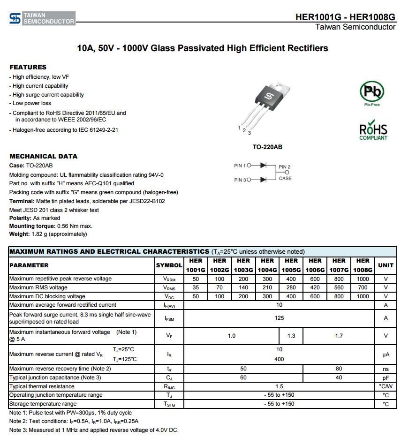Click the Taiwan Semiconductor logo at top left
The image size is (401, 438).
point(42,19)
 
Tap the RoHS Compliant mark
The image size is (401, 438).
point(373,132)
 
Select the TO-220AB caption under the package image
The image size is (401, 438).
point(267,147)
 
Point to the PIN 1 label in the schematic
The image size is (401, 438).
point(240,166)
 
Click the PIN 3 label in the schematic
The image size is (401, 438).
point(240,180)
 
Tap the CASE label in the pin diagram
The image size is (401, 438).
point(285,178)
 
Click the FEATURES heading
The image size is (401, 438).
point(28,67)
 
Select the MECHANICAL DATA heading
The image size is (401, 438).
point(44,156)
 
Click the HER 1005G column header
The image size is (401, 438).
point(291,265)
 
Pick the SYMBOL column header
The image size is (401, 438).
point(169,265)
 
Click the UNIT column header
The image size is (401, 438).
point(386,265)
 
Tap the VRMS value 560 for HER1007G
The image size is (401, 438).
point(339,287)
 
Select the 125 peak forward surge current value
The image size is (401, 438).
point(279,318)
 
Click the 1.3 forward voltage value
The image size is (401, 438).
point(291,336)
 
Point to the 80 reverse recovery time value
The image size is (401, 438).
point(339,369)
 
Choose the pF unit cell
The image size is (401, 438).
point(386,378)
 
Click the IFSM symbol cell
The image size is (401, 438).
point(169,318)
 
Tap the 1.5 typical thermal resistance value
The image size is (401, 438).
point(279,386)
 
